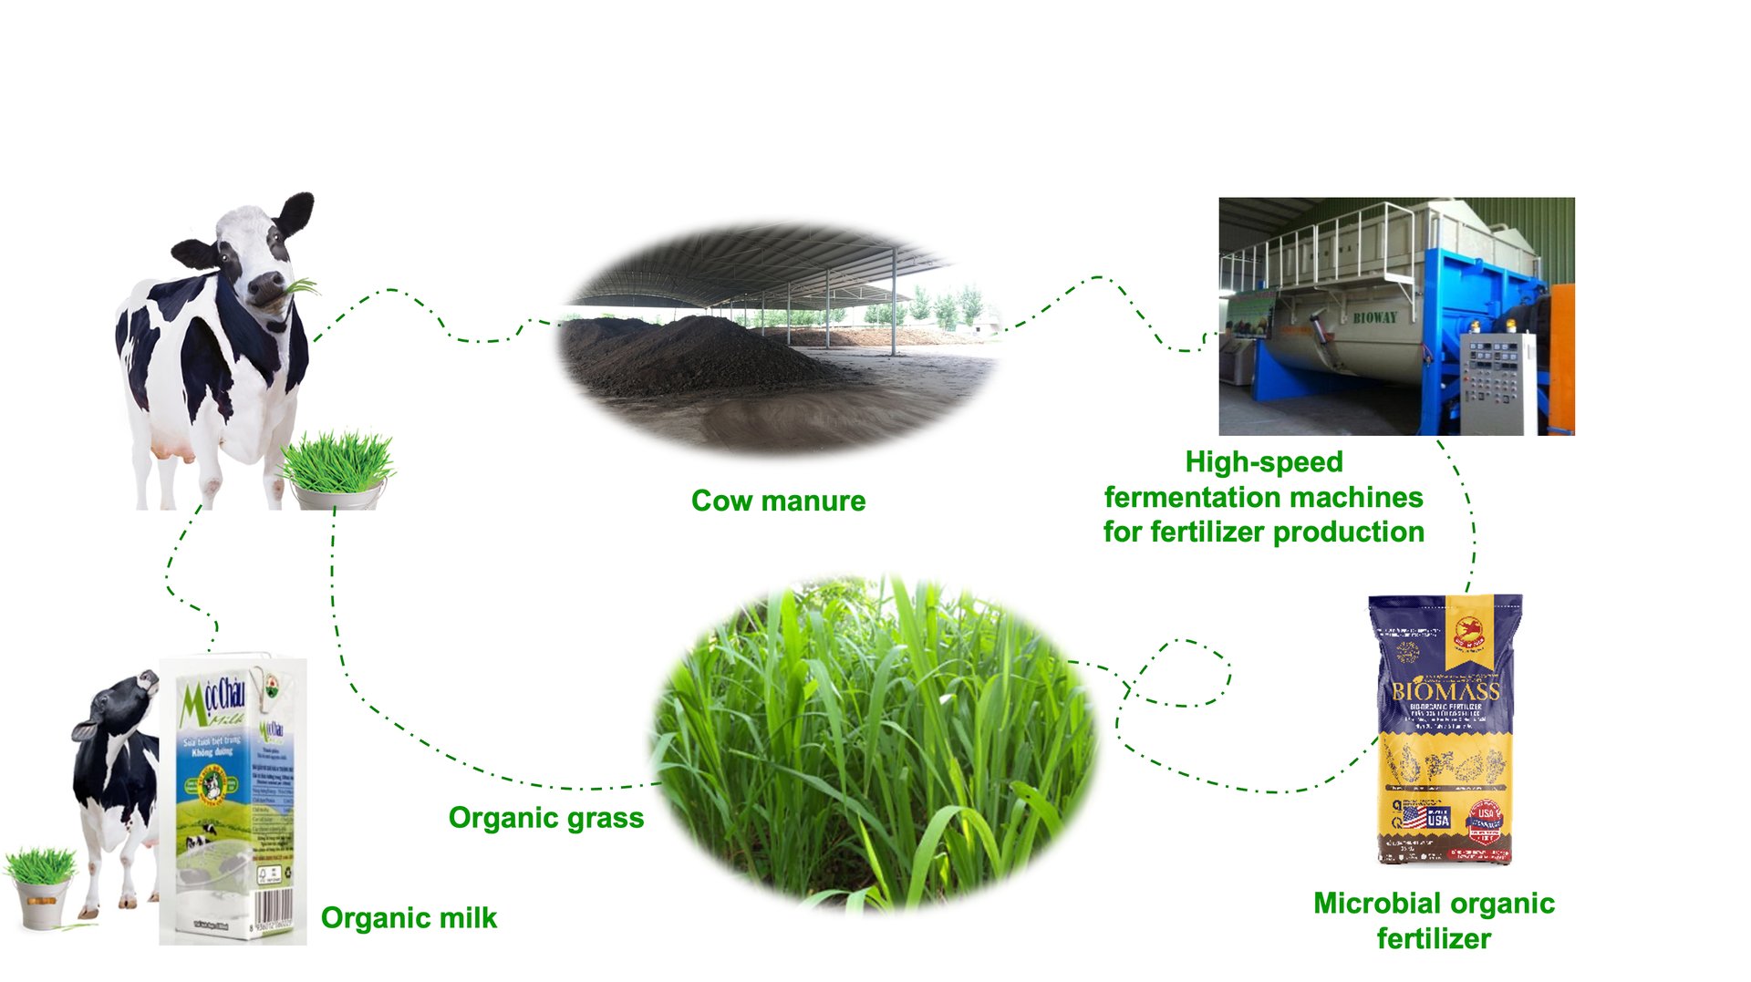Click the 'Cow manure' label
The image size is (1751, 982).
pyautogui.click(x=778, y=501)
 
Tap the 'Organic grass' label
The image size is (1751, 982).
pyautogui.click(x=545, y=818)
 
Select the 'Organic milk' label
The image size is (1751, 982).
pyautogui.click(x=409, y=917)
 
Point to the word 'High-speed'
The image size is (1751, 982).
pyautogui.click(x=1263, y=462)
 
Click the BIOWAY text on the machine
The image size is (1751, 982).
pyautogui.click(x=1374, y=317)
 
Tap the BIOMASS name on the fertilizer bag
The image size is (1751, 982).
pyautogui.click(x=1445, y=690)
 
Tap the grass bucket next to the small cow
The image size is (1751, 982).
pyautogui.click(x=41, y=898)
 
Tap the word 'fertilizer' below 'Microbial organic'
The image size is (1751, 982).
pyautogui.click(x=1434, y=938)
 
